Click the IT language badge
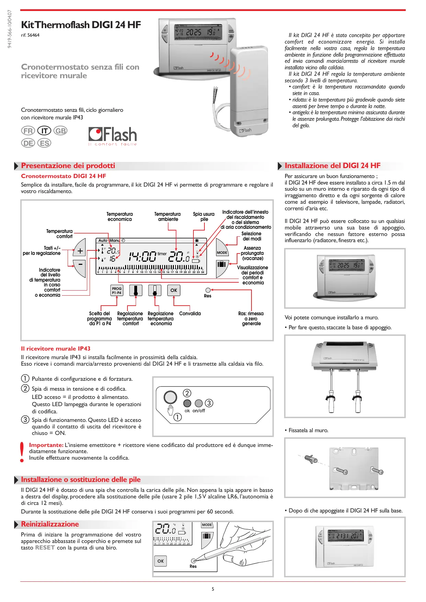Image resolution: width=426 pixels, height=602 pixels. tap(44, 131)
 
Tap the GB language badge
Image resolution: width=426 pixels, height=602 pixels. tap(60, 131)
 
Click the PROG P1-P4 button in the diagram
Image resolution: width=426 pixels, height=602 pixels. tap(117, 291)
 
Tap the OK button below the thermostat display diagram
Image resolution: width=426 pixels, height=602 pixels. tap(173, 290)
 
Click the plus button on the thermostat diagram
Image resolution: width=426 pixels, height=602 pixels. tap(80, 251)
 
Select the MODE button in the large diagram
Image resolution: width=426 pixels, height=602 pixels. tap(222, 252)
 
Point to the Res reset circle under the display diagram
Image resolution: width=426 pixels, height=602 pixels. tap(208, 290)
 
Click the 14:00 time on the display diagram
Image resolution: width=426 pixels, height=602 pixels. tap(142, 256)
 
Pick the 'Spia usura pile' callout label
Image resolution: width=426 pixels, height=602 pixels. tap(204, 216)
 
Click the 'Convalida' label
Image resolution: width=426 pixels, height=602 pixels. tap(190, 314)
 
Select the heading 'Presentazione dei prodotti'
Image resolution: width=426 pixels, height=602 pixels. tap(68, 166)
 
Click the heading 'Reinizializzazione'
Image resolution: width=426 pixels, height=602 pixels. tap(50, 524)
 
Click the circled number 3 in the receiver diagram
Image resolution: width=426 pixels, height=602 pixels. tap(209, 403)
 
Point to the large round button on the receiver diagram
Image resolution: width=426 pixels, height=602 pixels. tap(170, 397)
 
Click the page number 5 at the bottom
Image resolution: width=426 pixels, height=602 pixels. tap(213, 589)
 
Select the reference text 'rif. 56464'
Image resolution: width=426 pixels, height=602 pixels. tap(30, 35)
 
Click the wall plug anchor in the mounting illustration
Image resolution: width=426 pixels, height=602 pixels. tap(311, 459)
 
